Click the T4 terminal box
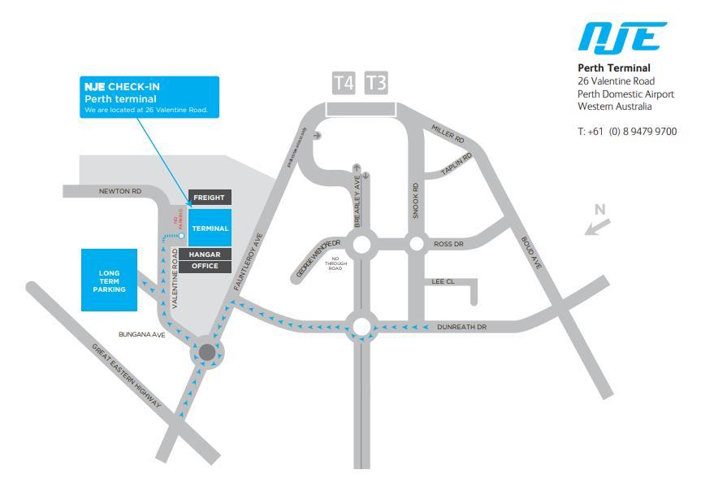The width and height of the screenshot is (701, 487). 344,83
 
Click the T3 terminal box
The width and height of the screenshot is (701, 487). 376,83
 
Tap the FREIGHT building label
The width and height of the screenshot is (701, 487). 209,198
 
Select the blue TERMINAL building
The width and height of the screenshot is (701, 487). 210,228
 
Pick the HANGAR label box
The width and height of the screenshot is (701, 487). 205,254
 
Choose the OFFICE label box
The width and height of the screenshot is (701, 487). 205,266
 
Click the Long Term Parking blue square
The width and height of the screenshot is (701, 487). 109,279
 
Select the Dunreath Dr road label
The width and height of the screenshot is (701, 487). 461,327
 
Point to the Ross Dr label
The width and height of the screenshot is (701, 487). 448,244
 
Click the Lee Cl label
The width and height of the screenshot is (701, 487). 443,282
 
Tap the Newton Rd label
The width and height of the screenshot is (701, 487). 119,192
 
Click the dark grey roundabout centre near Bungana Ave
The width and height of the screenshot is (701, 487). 207,353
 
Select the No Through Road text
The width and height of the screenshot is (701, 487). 335,264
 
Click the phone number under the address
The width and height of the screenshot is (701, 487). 626,132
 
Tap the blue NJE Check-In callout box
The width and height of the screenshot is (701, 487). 149,97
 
